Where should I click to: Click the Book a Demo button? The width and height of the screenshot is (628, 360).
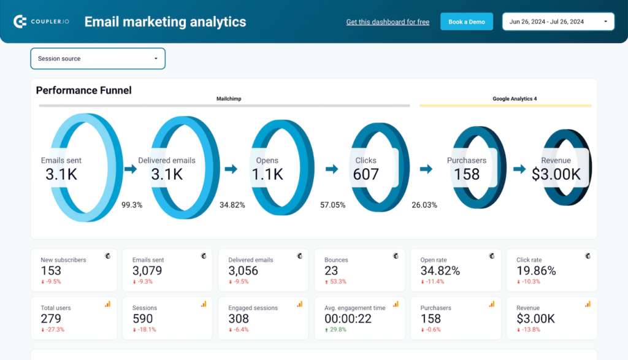pos(466,21)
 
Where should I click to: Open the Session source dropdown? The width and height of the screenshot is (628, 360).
pos(98,59)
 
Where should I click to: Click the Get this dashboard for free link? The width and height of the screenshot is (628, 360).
pos(388,22)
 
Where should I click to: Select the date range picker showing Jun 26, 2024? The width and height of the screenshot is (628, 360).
pos(559,21)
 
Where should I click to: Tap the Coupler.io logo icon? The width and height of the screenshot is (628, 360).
pos(20,22)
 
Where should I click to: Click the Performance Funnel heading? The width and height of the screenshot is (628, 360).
pos(83,91)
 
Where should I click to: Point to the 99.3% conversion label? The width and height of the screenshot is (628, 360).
pos(132,205)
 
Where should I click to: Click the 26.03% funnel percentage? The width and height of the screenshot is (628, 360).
pos(424,205)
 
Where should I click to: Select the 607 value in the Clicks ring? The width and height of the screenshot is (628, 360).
pos(366,174)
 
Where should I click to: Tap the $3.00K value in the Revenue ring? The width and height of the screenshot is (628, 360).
pos(556,174)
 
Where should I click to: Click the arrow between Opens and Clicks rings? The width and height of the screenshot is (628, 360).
pos(331,169)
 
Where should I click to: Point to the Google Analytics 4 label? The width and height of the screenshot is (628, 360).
pos(515,99)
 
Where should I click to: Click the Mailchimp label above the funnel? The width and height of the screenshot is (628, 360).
pos(229,99)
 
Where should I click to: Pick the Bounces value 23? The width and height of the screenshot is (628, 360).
pos(331,270)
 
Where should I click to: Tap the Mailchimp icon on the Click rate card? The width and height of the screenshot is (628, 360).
pos(588,256)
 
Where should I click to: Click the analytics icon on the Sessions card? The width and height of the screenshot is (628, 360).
pos(204,304)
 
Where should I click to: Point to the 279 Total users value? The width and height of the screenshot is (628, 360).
pos(51,318)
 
